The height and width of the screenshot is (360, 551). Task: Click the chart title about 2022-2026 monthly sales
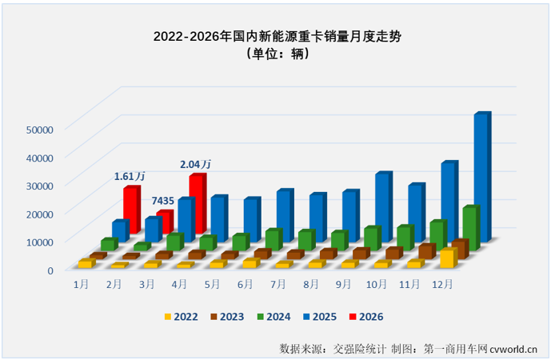point(275,37)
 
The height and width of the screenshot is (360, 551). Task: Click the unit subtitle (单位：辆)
point(275,55)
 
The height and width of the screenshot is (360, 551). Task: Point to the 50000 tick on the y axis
point(39,129)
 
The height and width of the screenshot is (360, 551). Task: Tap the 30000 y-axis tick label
point(39,186)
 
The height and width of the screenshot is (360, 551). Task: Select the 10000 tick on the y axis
point(39,242)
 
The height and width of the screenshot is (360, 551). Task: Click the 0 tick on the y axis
point(50,270)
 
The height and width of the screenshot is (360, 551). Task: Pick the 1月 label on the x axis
point(81,284)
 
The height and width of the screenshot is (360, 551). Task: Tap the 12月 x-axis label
point(442,284)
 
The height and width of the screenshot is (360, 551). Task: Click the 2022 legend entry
point(180,317)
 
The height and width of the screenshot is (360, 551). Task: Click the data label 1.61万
point(130,176)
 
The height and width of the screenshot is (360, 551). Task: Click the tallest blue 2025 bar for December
point(481,176)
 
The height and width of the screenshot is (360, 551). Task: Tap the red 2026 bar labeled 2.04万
point(197,198)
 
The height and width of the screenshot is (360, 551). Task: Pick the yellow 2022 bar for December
point(448,258)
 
